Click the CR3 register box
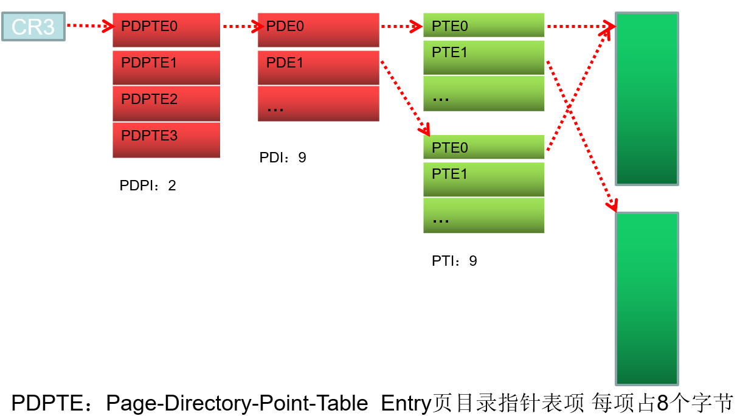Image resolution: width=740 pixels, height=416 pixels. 33,27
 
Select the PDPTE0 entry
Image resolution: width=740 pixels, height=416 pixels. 166,29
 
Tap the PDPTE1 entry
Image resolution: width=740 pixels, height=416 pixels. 166,67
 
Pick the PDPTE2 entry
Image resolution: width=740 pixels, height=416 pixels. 166,103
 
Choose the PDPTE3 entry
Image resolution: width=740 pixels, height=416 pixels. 166,140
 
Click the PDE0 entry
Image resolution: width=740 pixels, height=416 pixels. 318,29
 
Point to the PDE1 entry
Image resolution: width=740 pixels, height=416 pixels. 318,67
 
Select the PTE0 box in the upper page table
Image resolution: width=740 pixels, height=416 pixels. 483,26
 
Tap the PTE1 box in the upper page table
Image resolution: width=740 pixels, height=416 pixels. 483,57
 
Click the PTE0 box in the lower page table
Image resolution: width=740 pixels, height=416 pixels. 483,147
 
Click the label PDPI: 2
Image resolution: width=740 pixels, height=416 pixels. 148,185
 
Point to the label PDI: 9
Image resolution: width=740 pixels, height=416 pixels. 283,158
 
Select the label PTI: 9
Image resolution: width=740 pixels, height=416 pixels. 454,261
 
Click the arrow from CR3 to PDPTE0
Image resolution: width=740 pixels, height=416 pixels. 89,26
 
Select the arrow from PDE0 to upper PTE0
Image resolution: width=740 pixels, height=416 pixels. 401,26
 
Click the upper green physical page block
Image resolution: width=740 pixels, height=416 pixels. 646,98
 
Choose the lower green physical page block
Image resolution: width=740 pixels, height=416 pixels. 646,298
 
